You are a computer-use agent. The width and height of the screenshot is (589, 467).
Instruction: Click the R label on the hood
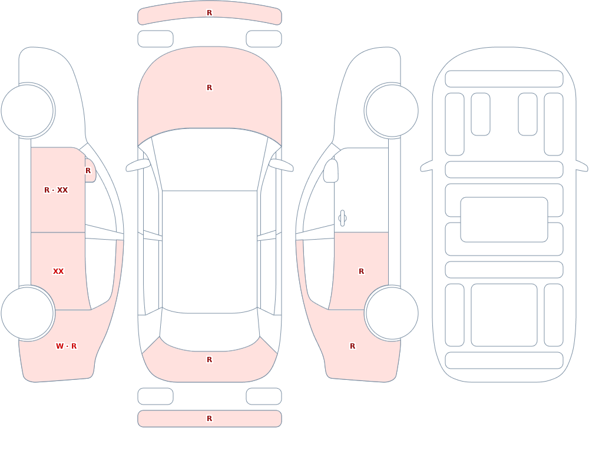click(x=209, y=88)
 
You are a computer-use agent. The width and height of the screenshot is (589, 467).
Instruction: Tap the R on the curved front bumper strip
click(x=209, y=13)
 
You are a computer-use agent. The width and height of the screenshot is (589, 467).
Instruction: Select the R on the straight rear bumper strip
click(x=209, y=419)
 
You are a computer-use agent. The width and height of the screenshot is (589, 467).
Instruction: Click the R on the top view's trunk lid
click(x=209, y=360)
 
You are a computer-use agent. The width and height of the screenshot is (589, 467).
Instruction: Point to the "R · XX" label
click(x=56, y=190)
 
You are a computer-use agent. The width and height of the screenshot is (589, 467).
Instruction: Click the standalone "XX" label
click(x=58, y=271)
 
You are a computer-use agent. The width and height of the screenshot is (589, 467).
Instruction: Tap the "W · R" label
click(x=66, y=346)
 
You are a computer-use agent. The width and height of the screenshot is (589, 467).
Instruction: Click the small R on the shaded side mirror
click(x=88, y=171)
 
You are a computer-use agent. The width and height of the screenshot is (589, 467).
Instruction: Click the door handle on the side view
click(x=342, y=218)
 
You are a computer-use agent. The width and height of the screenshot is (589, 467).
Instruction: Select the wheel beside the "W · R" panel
click(x=28, y=313)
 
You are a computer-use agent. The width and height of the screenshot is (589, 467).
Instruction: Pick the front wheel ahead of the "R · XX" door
click(x=28, y=111)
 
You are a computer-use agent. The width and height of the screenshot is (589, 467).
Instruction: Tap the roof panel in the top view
click(x=210, y=251)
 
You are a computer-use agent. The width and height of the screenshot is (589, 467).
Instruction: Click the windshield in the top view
click(x=210, y=160)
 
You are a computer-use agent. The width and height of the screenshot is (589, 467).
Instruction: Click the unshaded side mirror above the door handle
click(x=330, y=171)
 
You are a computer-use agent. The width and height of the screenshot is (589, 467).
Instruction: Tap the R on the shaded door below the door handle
click(x=362, y=271)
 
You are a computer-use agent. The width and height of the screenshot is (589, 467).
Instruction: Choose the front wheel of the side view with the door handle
click(x=392, y=111)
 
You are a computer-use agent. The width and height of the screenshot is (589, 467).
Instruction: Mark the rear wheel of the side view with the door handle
click(x=392, y=313)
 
